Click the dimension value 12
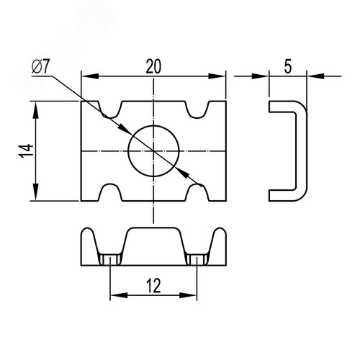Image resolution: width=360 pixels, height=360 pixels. [152, 286]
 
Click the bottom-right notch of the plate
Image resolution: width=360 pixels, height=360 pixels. [197, 192]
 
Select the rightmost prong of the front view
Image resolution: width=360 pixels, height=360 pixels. [217, 241]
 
